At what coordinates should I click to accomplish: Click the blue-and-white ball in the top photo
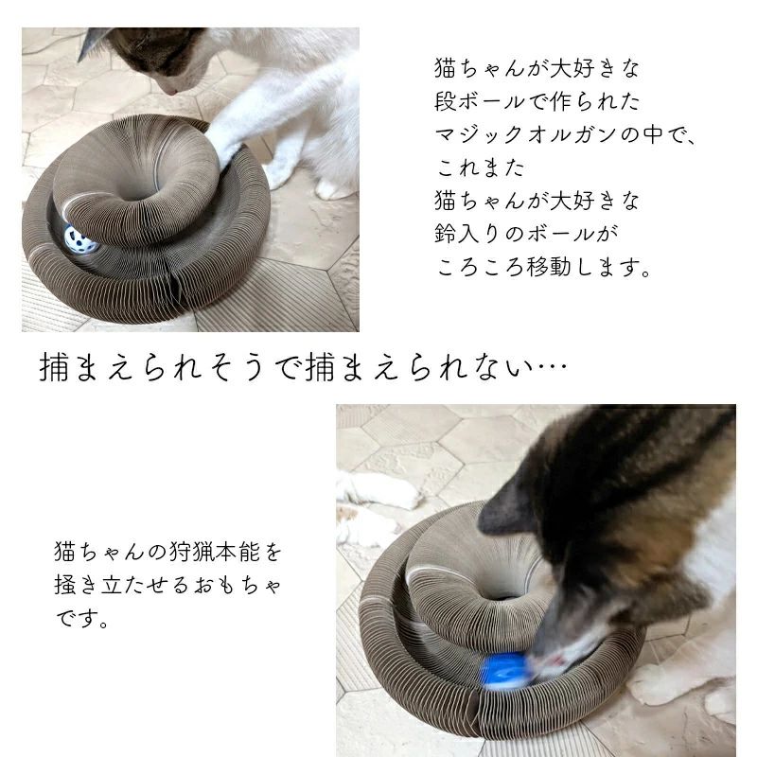pos(80,241)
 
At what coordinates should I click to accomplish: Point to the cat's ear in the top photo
pos(94,41)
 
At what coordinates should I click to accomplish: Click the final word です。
pos(83,622)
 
